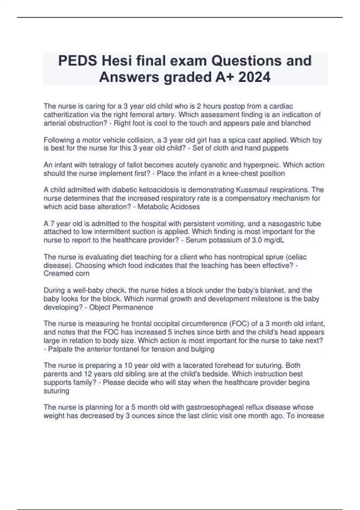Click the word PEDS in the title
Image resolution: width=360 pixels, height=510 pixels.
(77, 61)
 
